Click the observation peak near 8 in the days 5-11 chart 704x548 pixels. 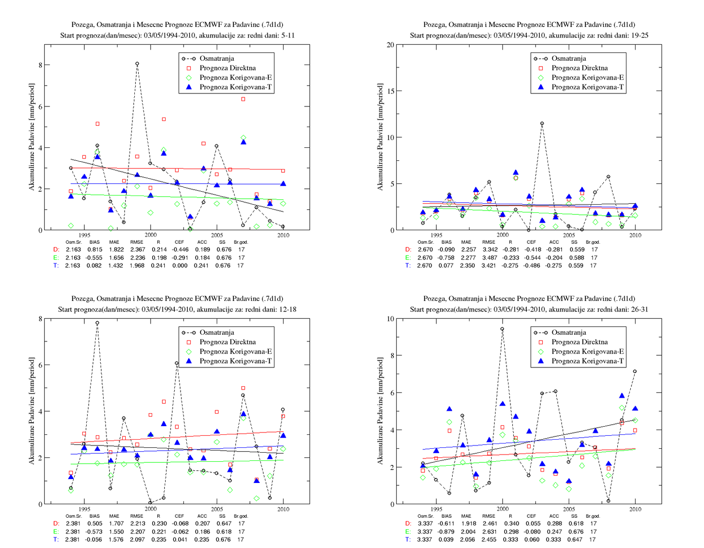coord(137,64)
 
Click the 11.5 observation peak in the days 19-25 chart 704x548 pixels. coord(542,123)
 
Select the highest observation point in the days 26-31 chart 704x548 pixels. coord(502,329)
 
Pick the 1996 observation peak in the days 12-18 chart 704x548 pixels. coord(97,323)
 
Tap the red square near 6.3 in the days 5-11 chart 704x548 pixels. coord(243,99)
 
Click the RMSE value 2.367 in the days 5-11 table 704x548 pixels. coord(137,250)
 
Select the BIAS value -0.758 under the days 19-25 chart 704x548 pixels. coord(446,258)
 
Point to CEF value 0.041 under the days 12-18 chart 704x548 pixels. coord(180,540)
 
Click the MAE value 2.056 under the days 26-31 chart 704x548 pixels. coord(467,540)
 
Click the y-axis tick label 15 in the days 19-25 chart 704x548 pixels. coord(391,91)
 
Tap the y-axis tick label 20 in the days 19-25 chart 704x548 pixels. coord(391,45)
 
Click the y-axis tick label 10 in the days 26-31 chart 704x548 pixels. coord(391,319)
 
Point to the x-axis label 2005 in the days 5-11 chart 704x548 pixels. coord(217,235)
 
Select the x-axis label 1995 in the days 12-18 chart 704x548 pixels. coord(84,509)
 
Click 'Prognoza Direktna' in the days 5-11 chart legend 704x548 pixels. coord(227,68)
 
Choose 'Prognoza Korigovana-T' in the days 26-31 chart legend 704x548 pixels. coord(587,361)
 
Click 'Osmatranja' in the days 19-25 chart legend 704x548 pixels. coord(569,59)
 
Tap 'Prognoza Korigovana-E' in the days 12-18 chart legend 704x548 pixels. coord(235,352)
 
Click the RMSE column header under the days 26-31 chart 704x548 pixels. coord(489,516)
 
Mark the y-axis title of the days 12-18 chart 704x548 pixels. coord(31,411)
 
